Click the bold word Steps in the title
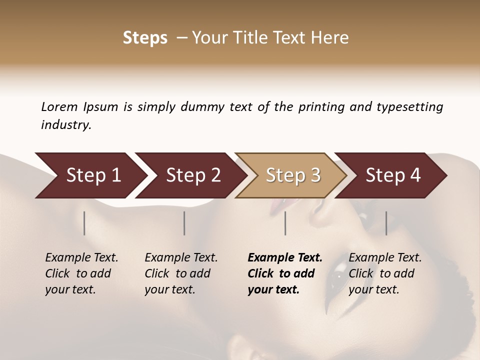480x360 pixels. coord(145,38)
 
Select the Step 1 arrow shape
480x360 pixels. coord(90,175)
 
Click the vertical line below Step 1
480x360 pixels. coord(84,223)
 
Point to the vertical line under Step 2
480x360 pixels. coord(184,223)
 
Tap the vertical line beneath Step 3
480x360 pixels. coord(285,223)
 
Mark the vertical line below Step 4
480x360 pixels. coord(386,223)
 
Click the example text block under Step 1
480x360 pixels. coord(81,273)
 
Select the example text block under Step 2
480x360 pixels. coord(181,273)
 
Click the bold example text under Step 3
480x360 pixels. coord(285,273)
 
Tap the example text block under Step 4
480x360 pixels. coord(385,273)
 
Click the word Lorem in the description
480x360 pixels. coord(59,107)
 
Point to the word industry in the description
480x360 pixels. coord(66,125)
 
